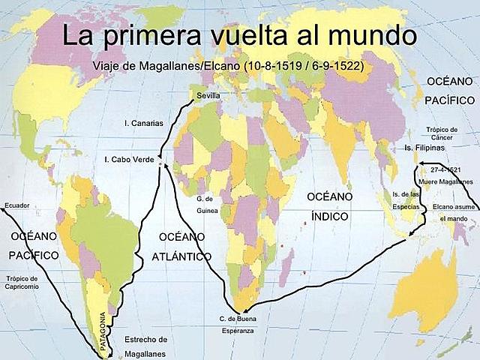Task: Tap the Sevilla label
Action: [208, 96]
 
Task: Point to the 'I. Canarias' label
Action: [143, 123]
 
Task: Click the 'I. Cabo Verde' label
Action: [128, 159]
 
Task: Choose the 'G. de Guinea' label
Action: [206, 204]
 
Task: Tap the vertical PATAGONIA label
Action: [103, 329]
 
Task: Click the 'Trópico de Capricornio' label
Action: [27, 283]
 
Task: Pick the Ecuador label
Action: [16, 205]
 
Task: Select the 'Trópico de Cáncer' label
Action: [441, 133]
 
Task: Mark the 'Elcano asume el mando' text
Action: [453, 211]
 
